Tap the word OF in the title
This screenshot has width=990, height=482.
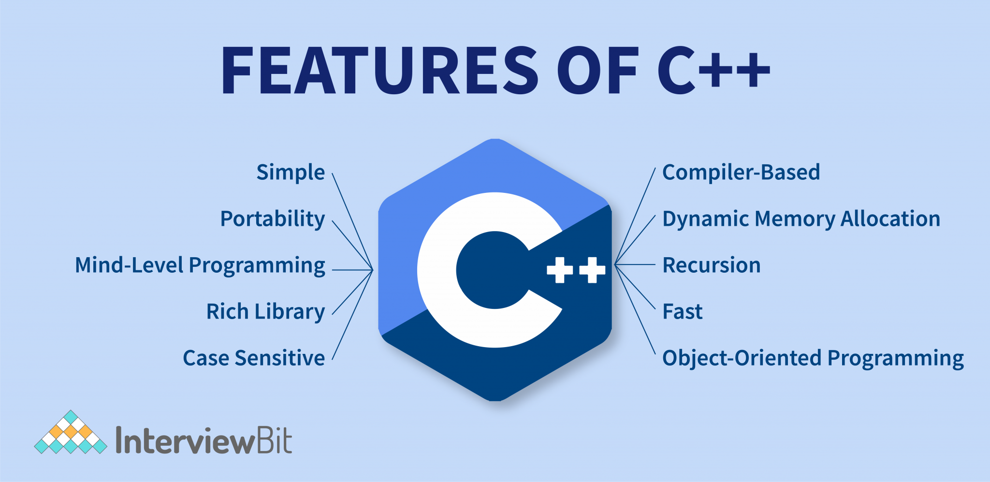598,70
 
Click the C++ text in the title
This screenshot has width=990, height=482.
713,70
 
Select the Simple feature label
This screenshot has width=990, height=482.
291,173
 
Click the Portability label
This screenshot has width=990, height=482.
273,219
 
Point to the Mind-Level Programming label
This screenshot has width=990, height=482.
200,265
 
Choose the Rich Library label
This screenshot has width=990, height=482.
265,312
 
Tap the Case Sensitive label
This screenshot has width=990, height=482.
254,358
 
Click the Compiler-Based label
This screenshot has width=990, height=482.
741,173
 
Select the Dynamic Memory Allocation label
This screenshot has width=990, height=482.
801,219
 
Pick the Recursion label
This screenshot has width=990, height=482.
711,265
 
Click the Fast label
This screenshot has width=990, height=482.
682,312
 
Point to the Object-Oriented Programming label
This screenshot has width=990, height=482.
813,358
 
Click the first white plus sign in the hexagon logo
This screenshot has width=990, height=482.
560,270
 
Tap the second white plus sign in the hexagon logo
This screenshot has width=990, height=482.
592,270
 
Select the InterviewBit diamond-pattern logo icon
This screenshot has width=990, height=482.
71,433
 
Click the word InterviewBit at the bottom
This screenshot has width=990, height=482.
204,440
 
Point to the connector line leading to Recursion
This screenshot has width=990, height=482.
636,264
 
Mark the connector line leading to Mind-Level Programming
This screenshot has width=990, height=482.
352,270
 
